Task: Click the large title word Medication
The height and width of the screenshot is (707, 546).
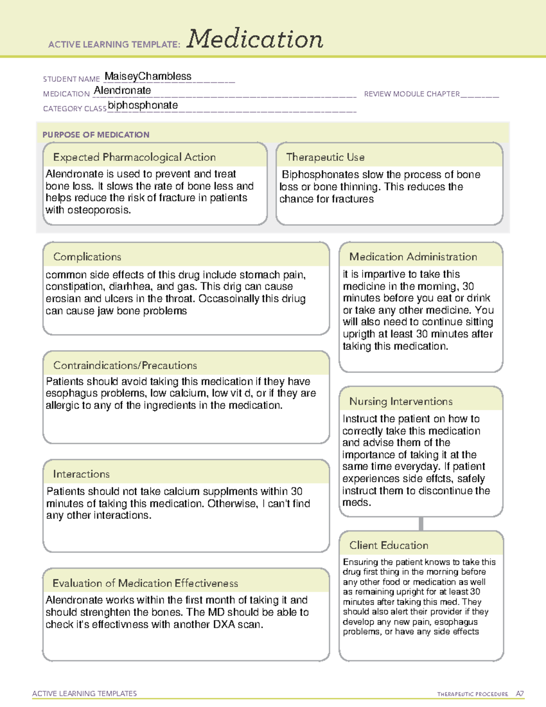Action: [x=255, y=39]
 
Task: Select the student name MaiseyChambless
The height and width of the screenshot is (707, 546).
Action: [x=148, y=76]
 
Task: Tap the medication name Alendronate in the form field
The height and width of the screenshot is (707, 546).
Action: [x=122, y=91]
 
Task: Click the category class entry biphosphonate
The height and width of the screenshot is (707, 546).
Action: [x=143, y=105]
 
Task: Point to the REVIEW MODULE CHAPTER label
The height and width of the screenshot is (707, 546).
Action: [x=412, y=94]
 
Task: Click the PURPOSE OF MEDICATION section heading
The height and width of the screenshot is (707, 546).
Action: [x=96, y=135]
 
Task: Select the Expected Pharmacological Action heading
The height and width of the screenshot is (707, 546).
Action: [x=134, y=157]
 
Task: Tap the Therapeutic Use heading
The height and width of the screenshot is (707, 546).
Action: [x=325, y=157]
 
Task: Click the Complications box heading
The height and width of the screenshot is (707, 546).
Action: [x=87, y=257]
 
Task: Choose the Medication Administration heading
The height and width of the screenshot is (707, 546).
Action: [x=413, y=257]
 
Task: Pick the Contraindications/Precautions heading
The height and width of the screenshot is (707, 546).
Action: [x=125, y=365]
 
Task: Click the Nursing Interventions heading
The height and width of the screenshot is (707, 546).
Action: [x=401, y=401]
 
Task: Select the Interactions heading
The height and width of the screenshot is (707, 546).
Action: [x=81, y=474]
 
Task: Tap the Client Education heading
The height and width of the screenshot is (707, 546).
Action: [x=389, y=545]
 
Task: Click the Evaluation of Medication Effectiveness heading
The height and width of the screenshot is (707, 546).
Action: [x=145, y=583]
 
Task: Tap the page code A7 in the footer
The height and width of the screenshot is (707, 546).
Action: [x=519, y=694]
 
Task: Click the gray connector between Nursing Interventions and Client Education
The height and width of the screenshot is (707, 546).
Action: [x=421, y=524]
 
